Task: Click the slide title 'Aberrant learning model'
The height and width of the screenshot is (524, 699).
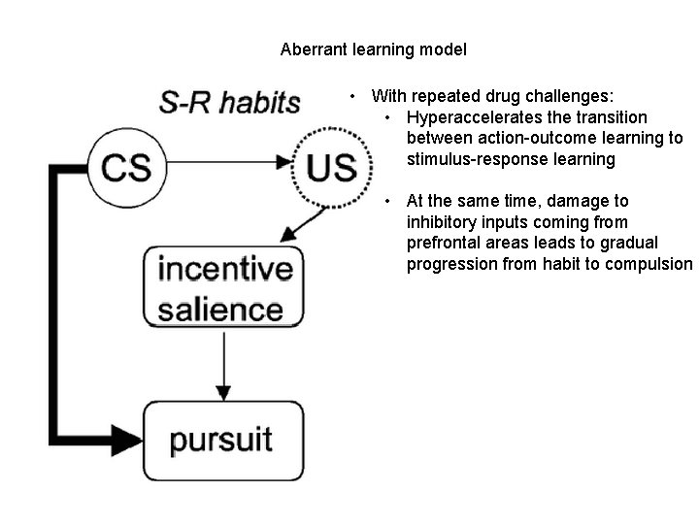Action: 373,49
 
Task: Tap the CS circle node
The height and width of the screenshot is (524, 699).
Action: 125,166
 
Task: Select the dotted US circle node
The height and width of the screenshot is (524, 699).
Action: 331,167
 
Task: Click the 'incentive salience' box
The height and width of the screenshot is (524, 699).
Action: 222,288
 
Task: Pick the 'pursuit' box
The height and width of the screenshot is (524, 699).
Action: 222,438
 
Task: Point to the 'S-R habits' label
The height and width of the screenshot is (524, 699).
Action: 230,102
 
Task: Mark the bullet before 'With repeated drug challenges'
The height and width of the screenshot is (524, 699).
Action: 355,97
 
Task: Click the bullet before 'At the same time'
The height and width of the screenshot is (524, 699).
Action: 389,201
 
